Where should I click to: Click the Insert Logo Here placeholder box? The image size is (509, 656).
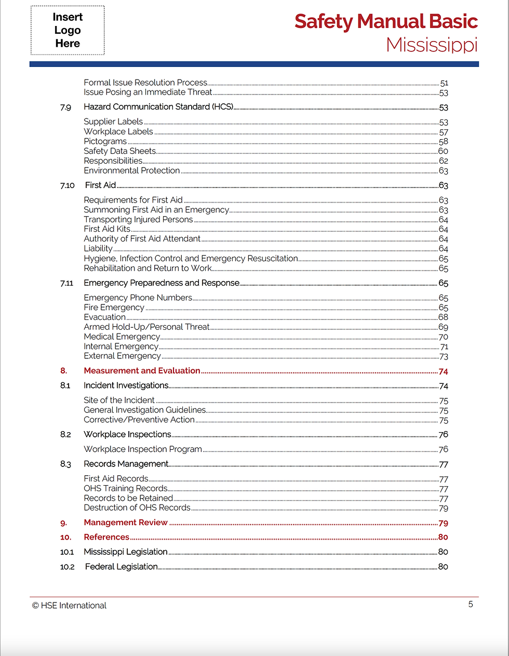(68, 30)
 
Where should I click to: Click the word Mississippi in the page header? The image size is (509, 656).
(432, 45)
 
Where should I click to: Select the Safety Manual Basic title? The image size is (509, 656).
(386, 21)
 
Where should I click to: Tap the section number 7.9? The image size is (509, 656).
(65, 107)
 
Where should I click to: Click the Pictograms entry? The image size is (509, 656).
(105, 141)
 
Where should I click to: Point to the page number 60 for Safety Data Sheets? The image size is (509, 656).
(443, 151)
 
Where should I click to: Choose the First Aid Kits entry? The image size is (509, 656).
(107, 229)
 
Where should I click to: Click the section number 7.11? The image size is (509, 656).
(66, 283)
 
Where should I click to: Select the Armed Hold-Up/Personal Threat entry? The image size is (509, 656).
(146, 327)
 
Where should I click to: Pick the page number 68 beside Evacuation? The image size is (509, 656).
(443, 317)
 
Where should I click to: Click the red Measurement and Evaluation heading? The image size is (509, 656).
(142, 371)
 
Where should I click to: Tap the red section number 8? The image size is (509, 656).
(63, 371)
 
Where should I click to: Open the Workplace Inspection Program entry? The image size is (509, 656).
(143, 449)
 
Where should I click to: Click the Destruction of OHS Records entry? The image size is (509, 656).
(137, 507)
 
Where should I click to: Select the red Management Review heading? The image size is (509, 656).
(126, 523)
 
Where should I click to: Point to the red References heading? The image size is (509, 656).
(106, 537)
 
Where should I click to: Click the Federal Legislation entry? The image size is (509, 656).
(121, 567)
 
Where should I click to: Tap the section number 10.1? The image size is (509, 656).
(67, 552)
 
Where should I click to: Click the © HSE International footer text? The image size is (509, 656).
(69, 606)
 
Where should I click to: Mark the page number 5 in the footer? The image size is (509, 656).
(471, 604)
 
